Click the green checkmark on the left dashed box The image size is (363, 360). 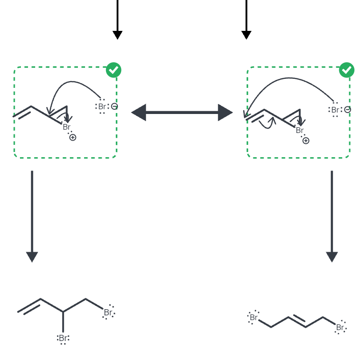(114, 70)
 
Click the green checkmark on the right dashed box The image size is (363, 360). (346, 70)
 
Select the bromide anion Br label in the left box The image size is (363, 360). (102, 107)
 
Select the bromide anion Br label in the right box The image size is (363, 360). (335, 110)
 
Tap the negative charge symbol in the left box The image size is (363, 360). (115, 106)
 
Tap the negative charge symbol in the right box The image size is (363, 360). (347, 109)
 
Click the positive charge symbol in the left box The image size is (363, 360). (73, 137)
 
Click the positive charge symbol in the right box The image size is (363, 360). (306, 141)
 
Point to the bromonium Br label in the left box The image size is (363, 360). (67, 127)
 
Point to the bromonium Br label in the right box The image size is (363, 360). (300, 130)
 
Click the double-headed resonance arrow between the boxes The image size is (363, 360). (182, 113)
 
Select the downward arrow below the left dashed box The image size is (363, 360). (32, 216)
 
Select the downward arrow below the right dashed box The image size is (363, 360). (332, 216)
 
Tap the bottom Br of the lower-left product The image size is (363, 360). (63, 338)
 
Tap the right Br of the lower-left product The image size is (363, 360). (108, 313)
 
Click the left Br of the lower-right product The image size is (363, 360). (254, 317)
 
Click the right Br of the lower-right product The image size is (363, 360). (340, 327)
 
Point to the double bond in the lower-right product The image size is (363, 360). (297, 321)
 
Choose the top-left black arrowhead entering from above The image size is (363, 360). (117, 35)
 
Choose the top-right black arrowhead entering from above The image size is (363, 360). (246, 35)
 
